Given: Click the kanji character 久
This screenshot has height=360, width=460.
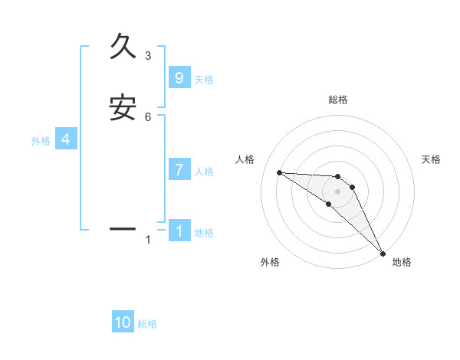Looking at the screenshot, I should pos(123,46).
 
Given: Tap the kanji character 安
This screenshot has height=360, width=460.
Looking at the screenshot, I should pos(123,108).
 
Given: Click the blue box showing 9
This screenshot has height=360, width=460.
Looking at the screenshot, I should pos(179,78).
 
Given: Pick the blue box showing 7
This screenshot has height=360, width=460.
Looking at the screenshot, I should pos(179,170).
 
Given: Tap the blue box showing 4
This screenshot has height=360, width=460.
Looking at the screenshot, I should pos(66,139).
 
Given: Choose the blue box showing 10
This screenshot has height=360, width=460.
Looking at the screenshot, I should pos(123,322).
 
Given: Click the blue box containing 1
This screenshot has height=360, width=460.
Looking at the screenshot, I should pos(179,231).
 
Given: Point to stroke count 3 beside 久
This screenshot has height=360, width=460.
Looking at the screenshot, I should pos(148,55).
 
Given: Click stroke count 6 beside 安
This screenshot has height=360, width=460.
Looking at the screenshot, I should pos(148,116).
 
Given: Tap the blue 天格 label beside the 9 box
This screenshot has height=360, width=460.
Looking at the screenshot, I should pos(204,80).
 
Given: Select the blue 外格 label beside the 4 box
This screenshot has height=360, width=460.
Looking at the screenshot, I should pos(41,141).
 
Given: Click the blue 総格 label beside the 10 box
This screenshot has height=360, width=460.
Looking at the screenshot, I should pos(147,324).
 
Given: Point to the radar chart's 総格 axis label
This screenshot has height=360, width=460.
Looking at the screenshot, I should pos(338,100).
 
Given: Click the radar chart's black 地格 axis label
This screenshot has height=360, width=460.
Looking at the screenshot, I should pos(402,262).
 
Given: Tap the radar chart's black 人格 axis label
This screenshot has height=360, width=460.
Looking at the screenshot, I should pos(245,159).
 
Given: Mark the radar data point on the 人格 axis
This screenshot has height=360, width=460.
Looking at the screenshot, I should pos(279,172).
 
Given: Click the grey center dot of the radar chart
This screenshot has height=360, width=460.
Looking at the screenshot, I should pos(338,191).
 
